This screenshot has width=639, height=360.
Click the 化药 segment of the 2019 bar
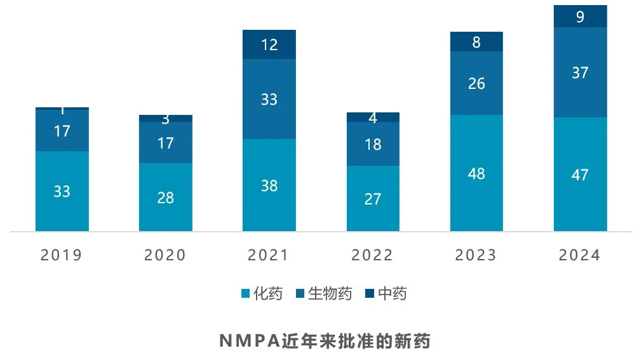62,190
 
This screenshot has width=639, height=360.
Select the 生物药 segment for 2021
269,99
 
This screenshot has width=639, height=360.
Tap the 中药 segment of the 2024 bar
580,17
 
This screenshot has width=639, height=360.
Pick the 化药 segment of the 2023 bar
476,173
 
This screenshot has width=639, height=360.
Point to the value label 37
580,73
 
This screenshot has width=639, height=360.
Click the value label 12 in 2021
269,45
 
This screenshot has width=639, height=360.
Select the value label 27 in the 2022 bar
373,199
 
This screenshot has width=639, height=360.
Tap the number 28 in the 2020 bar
165,197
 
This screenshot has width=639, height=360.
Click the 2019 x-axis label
62,255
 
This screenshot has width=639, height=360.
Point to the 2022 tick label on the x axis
373,255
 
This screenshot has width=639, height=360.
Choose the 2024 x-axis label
580,255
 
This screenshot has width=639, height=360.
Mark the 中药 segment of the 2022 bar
373,117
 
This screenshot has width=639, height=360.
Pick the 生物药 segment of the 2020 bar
165,143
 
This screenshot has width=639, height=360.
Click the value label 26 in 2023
476,83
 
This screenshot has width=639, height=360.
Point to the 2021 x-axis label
269,255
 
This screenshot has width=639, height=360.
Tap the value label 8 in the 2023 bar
476,42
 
